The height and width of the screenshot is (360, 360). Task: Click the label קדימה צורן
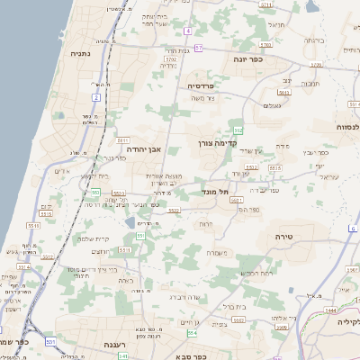242,142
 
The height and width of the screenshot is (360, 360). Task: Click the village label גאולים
273,105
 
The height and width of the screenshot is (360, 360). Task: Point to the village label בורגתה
313,40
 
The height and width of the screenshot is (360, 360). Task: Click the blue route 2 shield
95,96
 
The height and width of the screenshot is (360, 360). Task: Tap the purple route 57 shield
198,47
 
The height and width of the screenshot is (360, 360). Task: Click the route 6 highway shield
353,229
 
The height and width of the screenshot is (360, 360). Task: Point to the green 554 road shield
193,333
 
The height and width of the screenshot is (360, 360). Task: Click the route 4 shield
188,31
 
